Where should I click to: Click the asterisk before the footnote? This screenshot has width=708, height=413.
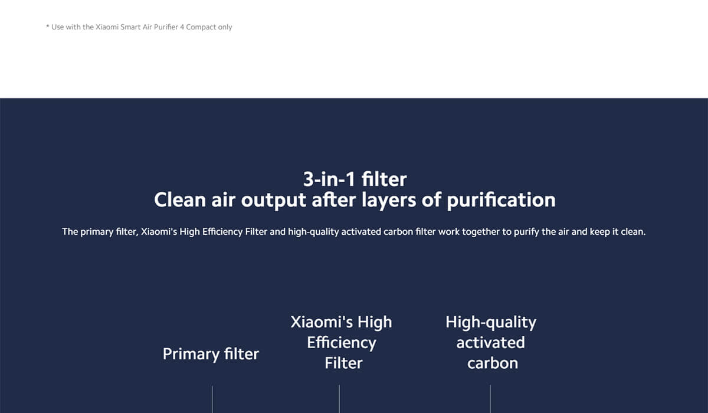48,27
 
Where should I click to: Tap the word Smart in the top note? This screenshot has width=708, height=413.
131,27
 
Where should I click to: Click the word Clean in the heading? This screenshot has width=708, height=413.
180,200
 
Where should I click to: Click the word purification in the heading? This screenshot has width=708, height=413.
501,200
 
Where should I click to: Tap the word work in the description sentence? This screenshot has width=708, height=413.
449,232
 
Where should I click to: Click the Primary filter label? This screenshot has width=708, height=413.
211,354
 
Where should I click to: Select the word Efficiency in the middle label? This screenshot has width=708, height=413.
341,343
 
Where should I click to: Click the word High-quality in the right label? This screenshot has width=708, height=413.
490,323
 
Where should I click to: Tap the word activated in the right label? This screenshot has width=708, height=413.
490,343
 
